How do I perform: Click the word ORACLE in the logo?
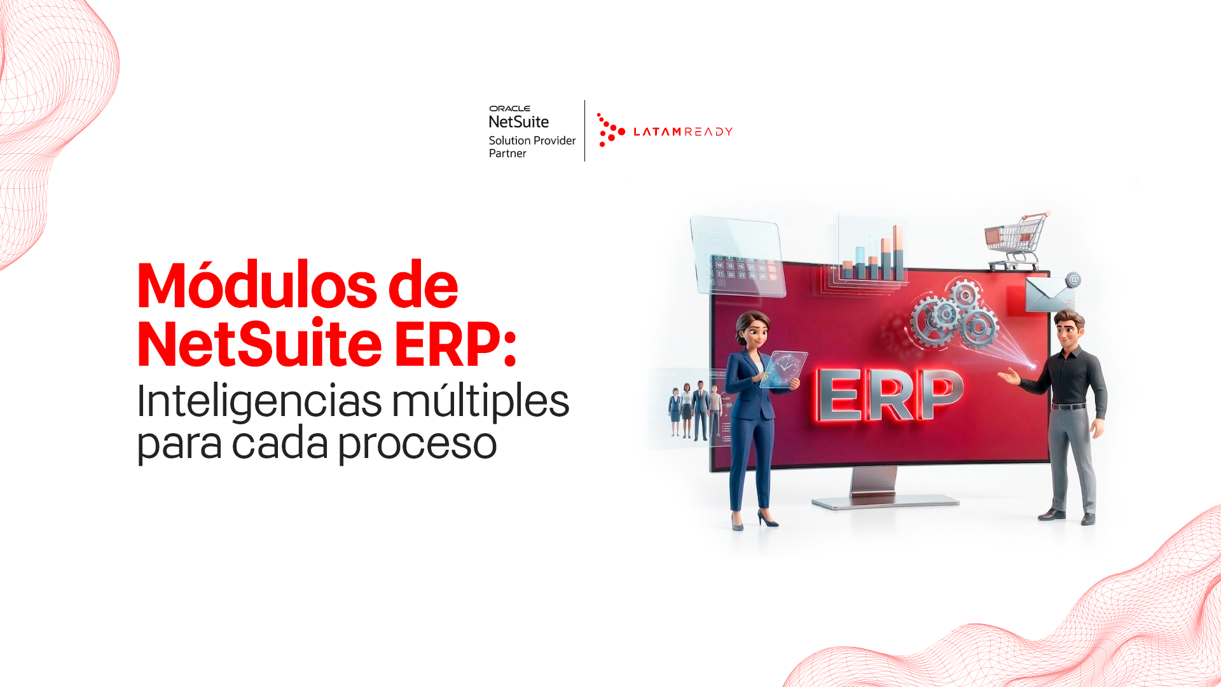pyautogui.click(x=509, y=109)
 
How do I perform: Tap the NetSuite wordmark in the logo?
pyautogui.click(x=519, y=121)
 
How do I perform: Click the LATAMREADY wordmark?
pyautogui.click(x=683, y=132)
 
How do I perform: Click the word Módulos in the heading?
pyautogui.click(x=258, y=285)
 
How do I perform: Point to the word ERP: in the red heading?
pyautogui.click(x=455, y=344)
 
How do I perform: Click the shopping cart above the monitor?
pyautogui.click(x=1016, y=241)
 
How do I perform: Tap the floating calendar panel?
pyautogui.click(x=738, y=256)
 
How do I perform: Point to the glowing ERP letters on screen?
pyautogui.click(x=889, y=394)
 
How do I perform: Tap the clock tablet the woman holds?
pyautogui.click(x=784, y=369)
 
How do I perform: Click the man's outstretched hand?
pyautogui.click(x=1009, y=377)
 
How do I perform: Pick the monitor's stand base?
pyautogui.click(x=885, y=501)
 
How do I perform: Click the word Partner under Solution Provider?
pyautogui.click(x=507, y=153)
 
